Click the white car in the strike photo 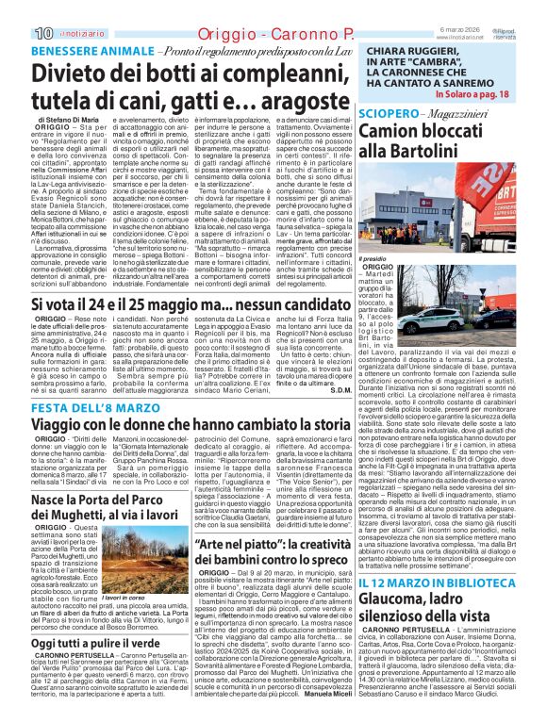[x=489, y=320]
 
